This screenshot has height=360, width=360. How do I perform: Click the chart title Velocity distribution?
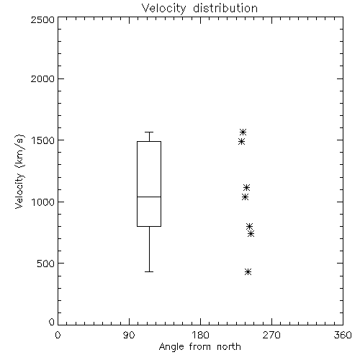pyautogui.click(x=199, y=9)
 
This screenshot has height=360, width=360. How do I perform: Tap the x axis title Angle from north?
pyautogui.click(x=199, y=347)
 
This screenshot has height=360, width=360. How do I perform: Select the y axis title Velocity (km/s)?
pyautogui.click(x=19, y=171)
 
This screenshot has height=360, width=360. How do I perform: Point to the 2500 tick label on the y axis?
pyautogui.click(x=42, y=19)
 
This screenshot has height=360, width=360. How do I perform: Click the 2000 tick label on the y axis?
pyautogui.click(x=42, y=78)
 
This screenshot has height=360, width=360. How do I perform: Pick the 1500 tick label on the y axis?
pyautogui.click(x=42, y=140)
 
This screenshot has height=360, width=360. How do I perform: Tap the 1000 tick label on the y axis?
pyautogui.click(x=42, y=202)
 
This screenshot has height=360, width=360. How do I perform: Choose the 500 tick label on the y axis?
pyautogui.click(x=46, y=264)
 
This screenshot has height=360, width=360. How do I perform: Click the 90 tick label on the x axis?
pyautogui.click(x=129, y=335)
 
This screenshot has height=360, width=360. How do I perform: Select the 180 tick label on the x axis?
pyautogui.click(x=200, y=335)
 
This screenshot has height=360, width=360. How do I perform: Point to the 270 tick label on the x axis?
pyautogui.click(x=271, y=335)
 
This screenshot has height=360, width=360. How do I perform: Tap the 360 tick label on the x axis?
pyautogui.click(x=343, y=335)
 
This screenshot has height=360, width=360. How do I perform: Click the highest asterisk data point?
pyautogui.click(x=243, y=132)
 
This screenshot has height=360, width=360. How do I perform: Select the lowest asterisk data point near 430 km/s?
pyautogui.click(x=248, y=271)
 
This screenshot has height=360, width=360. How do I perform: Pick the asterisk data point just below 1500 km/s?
pyautogui.click(x=241, y=142)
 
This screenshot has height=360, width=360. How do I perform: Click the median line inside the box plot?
pyautogui.click(x=149, y=197)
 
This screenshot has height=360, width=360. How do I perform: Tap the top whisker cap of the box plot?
pyautogui.click(x=149, y=132)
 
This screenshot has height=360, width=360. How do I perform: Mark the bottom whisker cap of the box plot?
pyautogui.click(x=149, y=271)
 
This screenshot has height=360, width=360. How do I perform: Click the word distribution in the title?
pyautogui.click(x=225, y=9)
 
